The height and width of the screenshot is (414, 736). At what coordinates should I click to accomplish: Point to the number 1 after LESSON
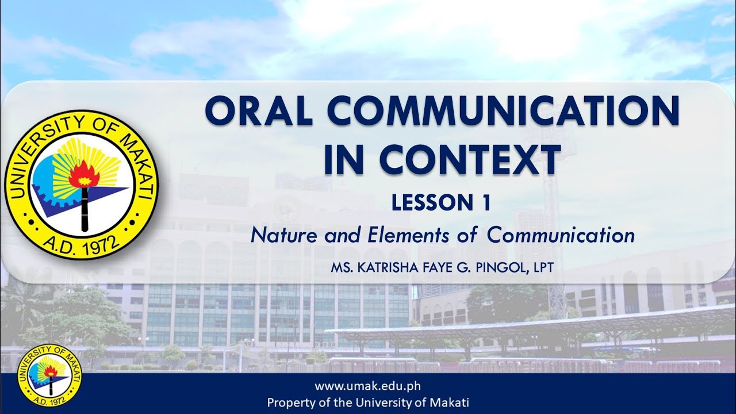(485, 203)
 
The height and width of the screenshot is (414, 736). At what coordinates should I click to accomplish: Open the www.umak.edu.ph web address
(368, 386)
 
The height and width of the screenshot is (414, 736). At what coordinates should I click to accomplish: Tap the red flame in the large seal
(84, 172)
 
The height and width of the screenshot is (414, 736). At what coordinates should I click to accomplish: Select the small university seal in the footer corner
(49, 375)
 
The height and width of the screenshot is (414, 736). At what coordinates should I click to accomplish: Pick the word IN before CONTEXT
(343, 159)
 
